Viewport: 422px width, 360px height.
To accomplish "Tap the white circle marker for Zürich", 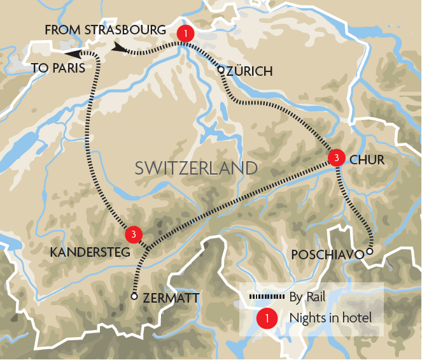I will tap(221, 70).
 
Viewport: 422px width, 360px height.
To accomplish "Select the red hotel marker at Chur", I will tap(335, 157).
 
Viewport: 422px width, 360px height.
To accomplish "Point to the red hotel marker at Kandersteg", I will tap(132, 234).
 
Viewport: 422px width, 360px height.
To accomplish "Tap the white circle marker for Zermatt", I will tap(134, 296).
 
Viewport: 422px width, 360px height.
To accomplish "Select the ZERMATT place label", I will tap(171, 298).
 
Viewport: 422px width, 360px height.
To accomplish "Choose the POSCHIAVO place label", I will tap(327, 255).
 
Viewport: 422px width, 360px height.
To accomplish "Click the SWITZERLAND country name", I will tap(196, 168).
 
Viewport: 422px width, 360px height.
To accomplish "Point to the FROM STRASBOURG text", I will tap(105, 31).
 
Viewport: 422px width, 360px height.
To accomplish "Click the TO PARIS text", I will tap(57, 68).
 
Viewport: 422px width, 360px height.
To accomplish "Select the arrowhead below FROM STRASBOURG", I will tap(119, 48).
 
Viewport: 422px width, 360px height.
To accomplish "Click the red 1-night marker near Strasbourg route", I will tap(184, 34).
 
